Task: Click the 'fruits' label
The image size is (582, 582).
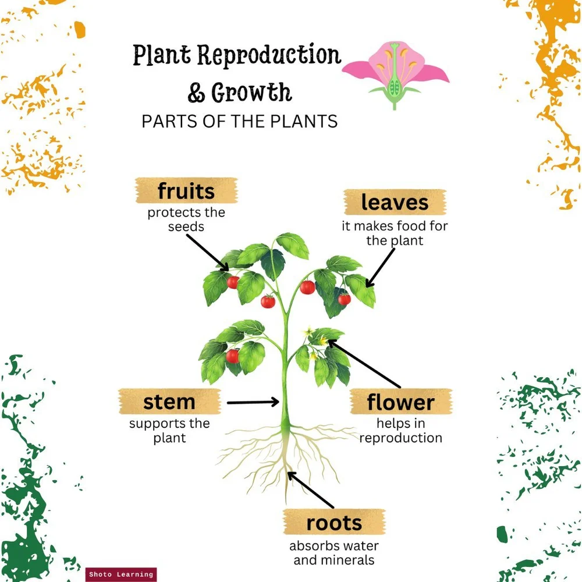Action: click(186, 191)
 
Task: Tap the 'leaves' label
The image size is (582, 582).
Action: click(395, 202)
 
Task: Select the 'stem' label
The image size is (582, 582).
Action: click(169, 402)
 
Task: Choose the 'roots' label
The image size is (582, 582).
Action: click(334, 523)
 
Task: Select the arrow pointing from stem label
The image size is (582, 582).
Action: click(253, 402)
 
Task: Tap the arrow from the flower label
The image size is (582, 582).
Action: click(364, 364)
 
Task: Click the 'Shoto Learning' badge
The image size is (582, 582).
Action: click(121, 574)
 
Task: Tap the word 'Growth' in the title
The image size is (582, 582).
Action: click(251, 93)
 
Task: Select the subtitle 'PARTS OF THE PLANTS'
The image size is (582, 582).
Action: click(240, 121)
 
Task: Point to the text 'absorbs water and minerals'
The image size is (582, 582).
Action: click(334, 553)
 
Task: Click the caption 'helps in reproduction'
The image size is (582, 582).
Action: click(400, 431)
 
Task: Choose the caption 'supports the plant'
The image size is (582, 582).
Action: click(169, 431)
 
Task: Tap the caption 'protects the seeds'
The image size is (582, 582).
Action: click(186, 219)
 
